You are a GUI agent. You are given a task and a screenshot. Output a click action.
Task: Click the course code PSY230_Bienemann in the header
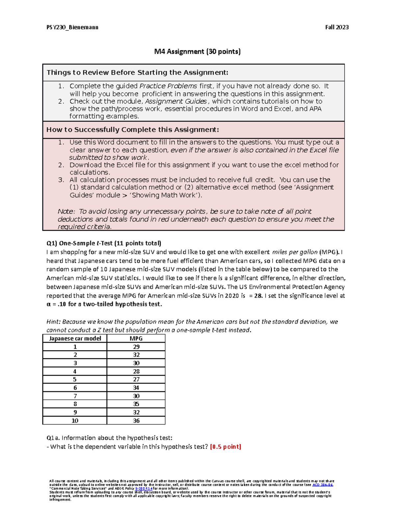(x=72, y=27)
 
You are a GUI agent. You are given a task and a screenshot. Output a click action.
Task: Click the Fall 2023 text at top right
(x=337, y=27)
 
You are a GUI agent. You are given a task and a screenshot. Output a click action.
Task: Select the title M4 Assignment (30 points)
(x=197, y=52)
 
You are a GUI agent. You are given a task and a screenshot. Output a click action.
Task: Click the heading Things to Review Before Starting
(x=137, y=73)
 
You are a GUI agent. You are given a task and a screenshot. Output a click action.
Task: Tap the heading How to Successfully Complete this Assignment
(x=132, y=130)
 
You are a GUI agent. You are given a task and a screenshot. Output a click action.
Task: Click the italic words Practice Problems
(x=168, y=86)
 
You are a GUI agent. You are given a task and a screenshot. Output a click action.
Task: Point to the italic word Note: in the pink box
(x=66, y=212)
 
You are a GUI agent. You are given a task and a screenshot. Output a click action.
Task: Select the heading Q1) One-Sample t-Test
(x=104, y=243)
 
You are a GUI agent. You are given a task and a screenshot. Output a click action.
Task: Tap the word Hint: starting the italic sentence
(x=53, y=322)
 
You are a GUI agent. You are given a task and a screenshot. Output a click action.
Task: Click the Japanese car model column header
(x=75, y=339)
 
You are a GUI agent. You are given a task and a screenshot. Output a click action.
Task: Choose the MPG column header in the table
(x=136, y=339)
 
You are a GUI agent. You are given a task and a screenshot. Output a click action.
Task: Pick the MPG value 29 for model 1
(x=136, y=347)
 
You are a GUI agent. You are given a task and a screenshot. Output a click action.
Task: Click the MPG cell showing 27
(x=136, y=379)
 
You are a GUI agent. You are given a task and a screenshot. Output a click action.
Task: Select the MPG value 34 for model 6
(x=136, y=388)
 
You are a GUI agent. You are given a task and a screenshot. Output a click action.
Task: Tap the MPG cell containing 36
(x=136, y=421)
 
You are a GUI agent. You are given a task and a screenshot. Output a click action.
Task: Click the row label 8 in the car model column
(x=75, y=404)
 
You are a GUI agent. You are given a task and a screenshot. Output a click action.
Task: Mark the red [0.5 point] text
(x=225, y=447)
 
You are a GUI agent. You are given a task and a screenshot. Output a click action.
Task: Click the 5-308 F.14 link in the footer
(x=144, y=489)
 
